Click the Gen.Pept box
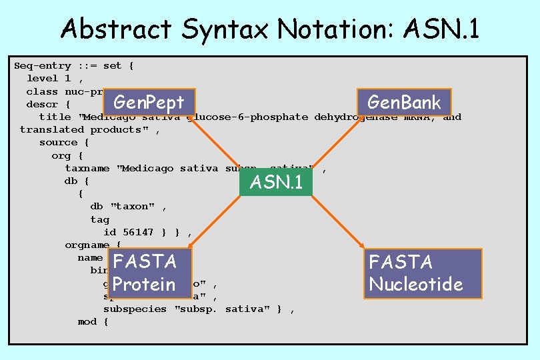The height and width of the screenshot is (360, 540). [x=149, y=103]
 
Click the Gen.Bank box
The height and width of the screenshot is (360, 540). [x=404, y=103]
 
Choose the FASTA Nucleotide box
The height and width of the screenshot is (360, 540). [x=416, y=273]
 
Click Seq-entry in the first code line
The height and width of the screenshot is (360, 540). [x=43, y=66]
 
